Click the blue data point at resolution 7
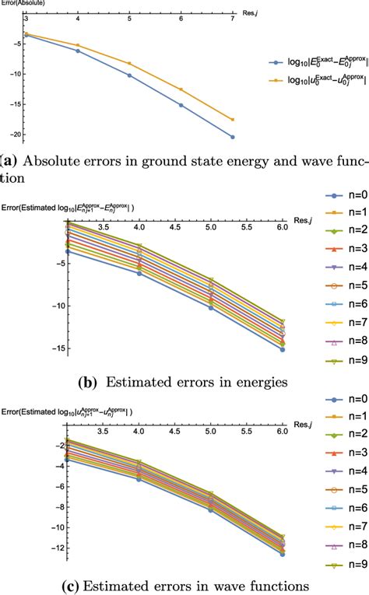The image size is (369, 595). coord(233,137)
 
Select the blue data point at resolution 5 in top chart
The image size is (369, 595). coord(128,75)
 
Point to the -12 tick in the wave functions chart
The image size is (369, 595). coord(54,549)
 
